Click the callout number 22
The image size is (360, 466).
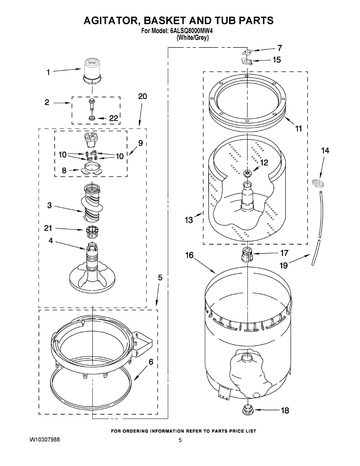pyautogui.click(x=114, y=118)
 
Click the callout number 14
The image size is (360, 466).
pyautogui.click(x=325, y=150)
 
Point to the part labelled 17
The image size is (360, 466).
pyautogui.click(x=247, y=255)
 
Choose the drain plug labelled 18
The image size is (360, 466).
pyautogui.click(x=247, y=409)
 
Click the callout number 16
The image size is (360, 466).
pyautogui.click(x=190, y=255)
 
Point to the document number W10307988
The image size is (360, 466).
pyautogui.click(x=45, y=440)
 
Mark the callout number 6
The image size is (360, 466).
pyautogui.click(x=151, y=362)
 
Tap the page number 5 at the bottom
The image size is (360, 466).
pyautogui.click(x=180, y=440)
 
